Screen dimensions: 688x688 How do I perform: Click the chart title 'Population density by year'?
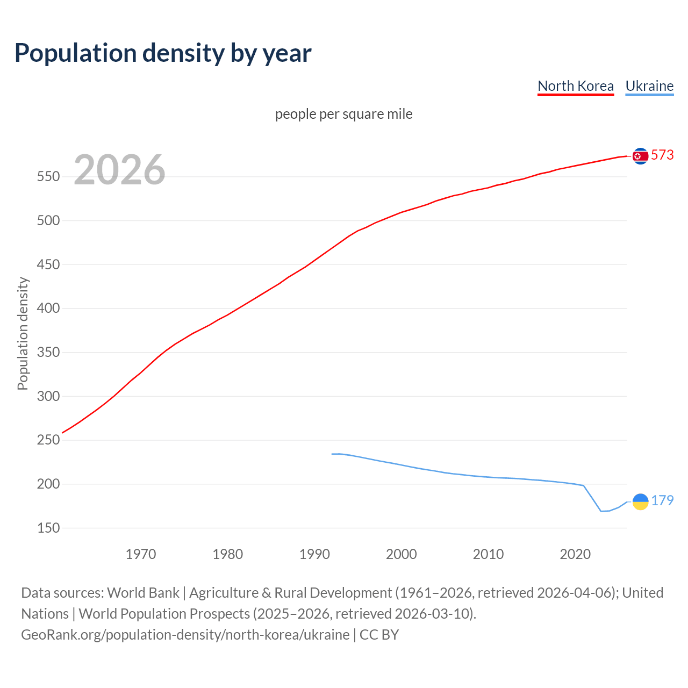point(163,53)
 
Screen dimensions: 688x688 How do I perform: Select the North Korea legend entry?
point(575,86)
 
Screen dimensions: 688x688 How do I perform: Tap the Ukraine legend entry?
point(649,86)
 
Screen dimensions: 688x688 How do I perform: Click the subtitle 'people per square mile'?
point(343,114)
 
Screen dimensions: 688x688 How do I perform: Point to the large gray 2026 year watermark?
point(119,170)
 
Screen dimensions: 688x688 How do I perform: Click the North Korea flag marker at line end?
point(640,156)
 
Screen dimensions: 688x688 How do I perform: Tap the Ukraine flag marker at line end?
point(640,501)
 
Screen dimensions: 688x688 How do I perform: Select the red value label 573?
point(662,155)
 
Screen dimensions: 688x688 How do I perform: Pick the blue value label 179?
point(662,501)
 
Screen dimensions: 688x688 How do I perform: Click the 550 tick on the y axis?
point(48,177)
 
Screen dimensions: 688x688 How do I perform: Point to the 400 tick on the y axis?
point(48,309)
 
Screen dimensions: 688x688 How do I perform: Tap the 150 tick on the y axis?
point(48,528)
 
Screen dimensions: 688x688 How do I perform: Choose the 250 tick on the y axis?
point(48,440)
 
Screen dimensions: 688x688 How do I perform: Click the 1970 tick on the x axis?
point(141,554)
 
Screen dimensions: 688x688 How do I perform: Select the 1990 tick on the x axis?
point(314,554)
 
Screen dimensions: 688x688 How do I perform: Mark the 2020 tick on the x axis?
point(575,554)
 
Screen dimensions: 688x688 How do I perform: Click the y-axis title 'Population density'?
point(23,333)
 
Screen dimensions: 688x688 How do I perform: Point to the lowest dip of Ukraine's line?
point(601,511)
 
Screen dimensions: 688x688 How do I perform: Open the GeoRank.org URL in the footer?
point(185,635)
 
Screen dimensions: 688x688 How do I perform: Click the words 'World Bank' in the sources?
point(143,593)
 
